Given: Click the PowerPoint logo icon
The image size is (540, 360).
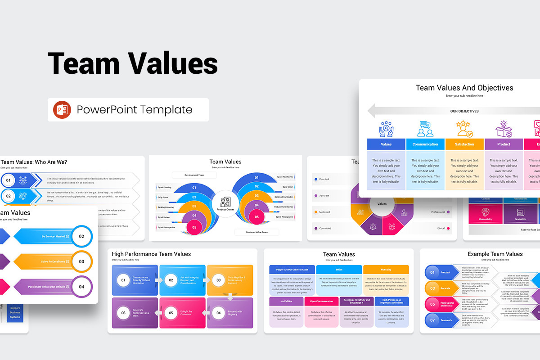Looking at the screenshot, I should point(62,110).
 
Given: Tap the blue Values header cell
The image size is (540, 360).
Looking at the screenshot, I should point(386,144).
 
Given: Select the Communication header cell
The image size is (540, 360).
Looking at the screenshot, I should point(425,144).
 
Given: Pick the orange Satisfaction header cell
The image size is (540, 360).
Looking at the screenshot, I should point(464,144).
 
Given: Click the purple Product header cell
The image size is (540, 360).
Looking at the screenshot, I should point(504,144).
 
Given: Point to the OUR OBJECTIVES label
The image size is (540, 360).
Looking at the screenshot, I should point(464,111).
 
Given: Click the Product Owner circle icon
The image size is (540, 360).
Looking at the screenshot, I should point(225,203).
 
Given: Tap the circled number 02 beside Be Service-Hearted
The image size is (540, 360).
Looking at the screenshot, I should point(81,236).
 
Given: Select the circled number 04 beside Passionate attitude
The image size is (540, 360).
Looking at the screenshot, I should point(81,287).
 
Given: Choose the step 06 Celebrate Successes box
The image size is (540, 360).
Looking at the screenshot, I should point(135,313).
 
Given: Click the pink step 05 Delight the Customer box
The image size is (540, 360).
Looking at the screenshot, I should point(181,313).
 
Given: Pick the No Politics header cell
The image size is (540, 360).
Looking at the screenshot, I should point(286,301).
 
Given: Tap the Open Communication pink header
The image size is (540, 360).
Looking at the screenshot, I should point(321,301).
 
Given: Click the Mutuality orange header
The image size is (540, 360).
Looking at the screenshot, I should point(386,270).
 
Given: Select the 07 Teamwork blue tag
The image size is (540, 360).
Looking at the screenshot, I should point(441,320).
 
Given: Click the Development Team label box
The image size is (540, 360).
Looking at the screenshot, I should point(194,175).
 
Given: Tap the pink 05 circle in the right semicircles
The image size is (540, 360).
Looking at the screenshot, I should point(257,217).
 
